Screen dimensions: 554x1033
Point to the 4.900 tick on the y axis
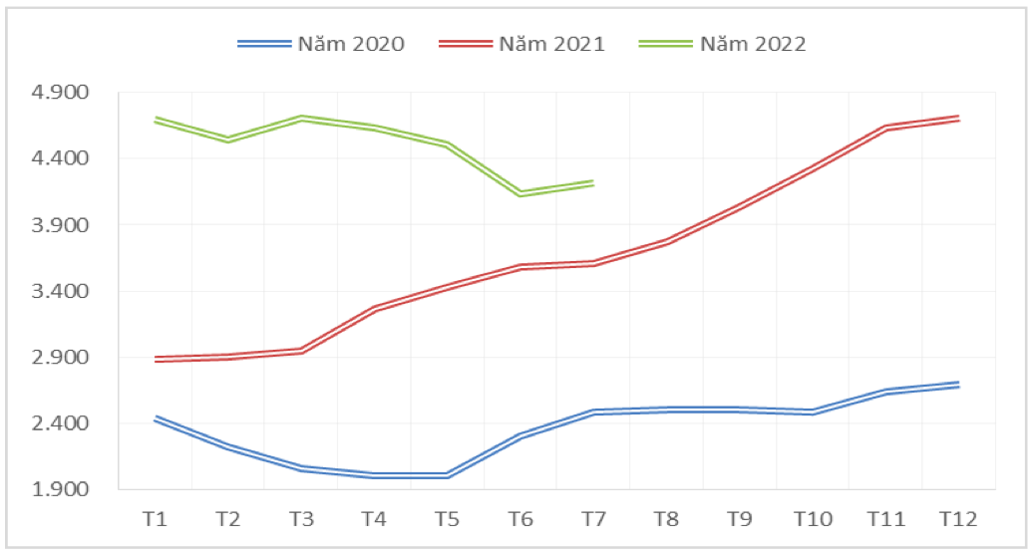[x=62, y=93]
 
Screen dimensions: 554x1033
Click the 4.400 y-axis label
[x=62, y=158]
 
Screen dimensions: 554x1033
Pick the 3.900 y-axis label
[x=62, y=225]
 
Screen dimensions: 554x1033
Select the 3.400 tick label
[x=62, y=291]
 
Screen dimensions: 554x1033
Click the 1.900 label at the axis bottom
[x=62, y=489]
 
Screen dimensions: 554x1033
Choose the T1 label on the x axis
[x=155, y=519]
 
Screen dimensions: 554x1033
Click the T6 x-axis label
[x=519, y=519]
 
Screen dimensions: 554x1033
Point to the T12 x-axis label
[x=958, y=519]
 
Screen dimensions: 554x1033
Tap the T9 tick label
[x=739, y=519]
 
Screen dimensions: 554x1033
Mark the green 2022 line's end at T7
[x=593, y=183]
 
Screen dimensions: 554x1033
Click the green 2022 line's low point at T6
[x=519, y=193]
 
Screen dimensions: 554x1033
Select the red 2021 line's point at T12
[x=958, y=118]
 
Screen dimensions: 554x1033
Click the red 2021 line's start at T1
[x=155, y=359]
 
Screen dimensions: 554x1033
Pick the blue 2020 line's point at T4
[x=374, y=475]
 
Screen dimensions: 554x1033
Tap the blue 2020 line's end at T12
[x=958, y=384]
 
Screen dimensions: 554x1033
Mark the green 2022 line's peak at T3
[x=301, y=118]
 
